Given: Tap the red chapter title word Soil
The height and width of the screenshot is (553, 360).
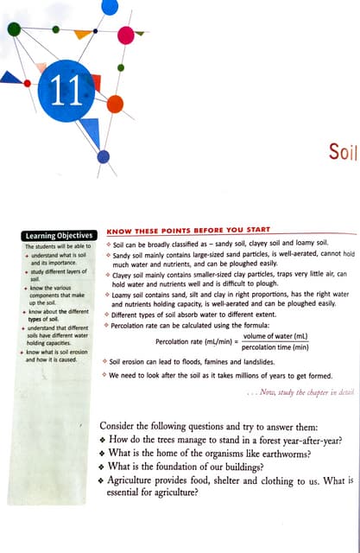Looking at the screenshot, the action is (342, 153).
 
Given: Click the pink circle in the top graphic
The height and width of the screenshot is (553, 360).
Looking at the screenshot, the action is (125, 35).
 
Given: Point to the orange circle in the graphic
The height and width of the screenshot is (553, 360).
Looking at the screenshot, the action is (114, 104).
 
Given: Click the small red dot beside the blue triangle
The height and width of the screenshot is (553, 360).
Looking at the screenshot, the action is (28, 83).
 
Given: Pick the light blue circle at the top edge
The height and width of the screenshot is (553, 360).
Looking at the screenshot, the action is (110, 6).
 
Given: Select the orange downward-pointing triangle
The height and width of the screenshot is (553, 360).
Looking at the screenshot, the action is (82, 35).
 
